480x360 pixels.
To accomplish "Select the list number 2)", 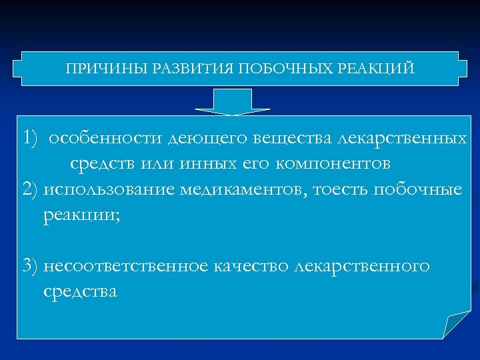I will coord(30,189).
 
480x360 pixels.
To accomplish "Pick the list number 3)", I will coord(30,266).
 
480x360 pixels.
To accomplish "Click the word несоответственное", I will coord(125,266).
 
